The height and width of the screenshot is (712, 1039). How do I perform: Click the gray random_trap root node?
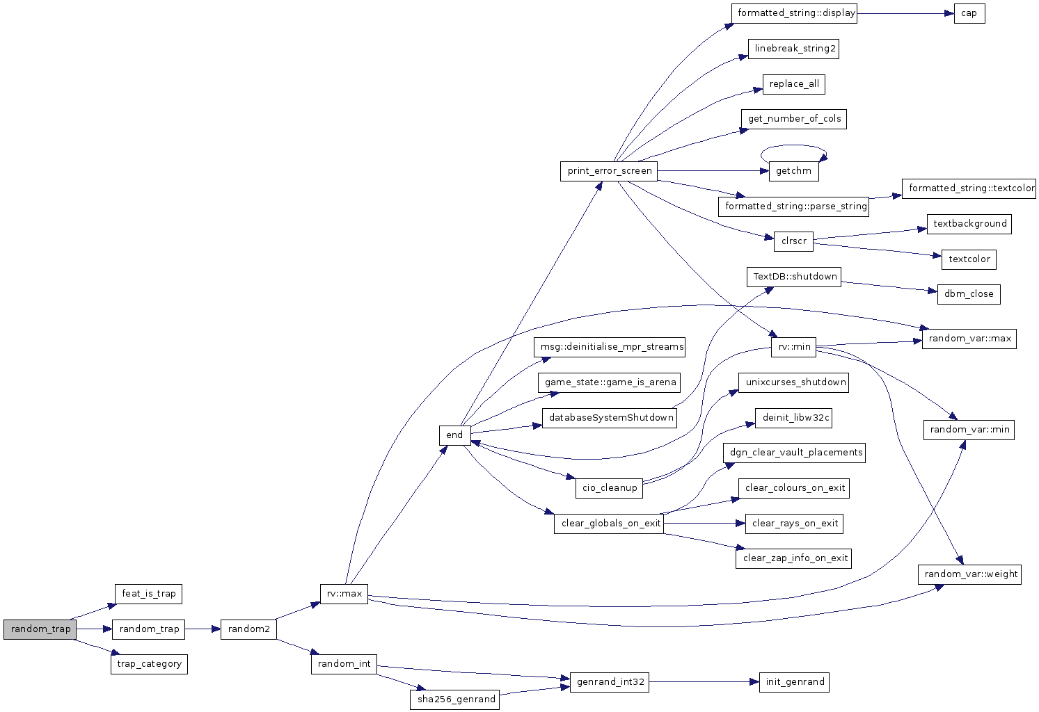tap(40, 629)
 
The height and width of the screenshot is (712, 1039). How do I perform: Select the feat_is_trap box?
tap(148, 594)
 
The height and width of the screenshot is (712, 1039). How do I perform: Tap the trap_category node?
tap(149, 664)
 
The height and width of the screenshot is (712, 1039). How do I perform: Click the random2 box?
tap(248, 629)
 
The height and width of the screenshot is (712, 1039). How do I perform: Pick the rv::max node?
tap(344, 594)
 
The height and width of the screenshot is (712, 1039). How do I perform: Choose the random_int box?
tap(344, 664)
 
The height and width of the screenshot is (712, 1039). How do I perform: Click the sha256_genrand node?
tap(454, 699)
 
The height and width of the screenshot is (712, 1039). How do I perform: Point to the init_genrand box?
tap(794, 682)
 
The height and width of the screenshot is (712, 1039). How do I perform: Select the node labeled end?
tap(455, 435)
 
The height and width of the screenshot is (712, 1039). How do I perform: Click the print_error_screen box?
tap(609, 171)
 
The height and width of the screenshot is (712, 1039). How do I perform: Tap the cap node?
tap(969, 13)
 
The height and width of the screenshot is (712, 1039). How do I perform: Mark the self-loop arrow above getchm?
tap(794, 145)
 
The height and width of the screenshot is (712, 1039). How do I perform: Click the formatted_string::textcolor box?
tap(969, 188)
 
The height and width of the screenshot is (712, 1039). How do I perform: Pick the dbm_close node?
tap(969, 294)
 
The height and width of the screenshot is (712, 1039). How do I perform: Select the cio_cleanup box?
tap(609, 488)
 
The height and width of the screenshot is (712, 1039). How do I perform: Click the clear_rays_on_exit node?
tap(794, 524)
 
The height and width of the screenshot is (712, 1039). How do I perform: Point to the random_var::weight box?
tap(969, 574)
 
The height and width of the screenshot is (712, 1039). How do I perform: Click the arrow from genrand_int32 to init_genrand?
tap(704, 682)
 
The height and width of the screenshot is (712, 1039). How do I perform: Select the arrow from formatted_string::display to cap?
tap(905, 13)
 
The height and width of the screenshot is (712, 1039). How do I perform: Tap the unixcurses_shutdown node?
tap(793, 382)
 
